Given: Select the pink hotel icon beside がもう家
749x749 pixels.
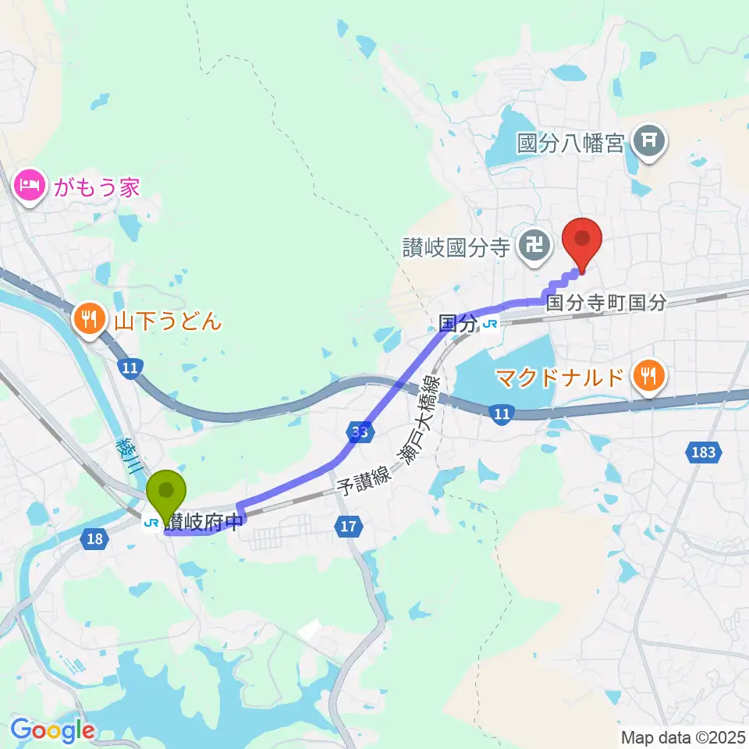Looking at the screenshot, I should pos(28,187).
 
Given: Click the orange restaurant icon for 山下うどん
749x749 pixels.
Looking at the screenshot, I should pos(91,319).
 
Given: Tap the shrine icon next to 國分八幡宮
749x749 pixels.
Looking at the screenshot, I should pos(648,142).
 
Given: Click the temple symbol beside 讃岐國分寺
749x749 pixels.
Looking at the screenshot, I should pos(535,248).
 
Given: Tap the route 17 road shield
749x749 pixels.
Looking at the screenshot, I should pos(349,527).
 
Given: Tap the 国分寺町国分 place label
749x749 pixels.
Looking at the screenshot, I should pos(606,303).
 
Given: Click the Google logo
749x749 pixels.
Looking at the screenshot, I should pos(52,731).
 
